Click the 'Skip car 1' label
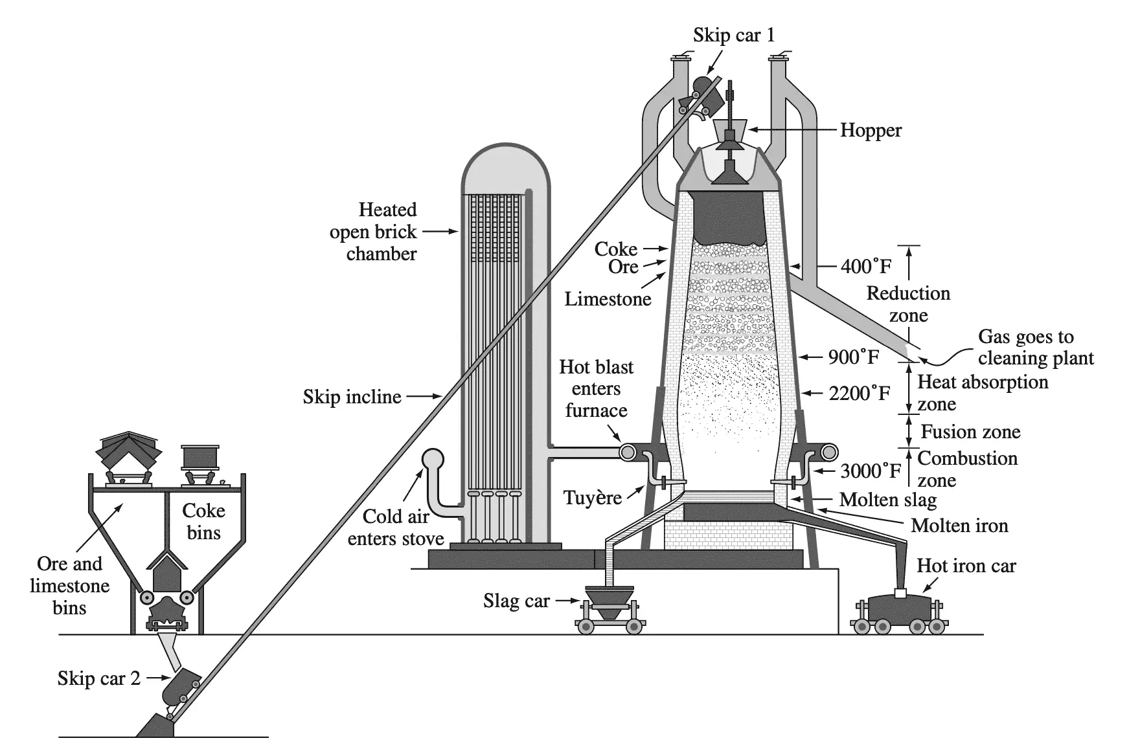(733, 35)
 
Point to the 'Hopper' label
(871, 130)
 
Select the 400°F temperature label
(865, 266)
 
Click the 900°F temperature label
(854, 357)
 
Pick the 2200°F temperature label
(859, 393)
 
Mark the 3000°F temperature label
(871, 471)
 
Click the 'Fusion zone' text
(970, 432)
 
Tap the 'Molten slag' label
(887, 500)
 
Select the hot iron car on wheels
(900, 612)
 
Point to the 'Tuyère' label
(592, 498)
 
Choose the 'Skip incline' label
(352, 397)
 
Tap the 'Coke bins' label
(203, 522)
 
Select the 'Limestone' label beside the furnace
(608, 298)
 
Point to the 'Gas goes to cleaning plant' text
(1035, 347)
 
